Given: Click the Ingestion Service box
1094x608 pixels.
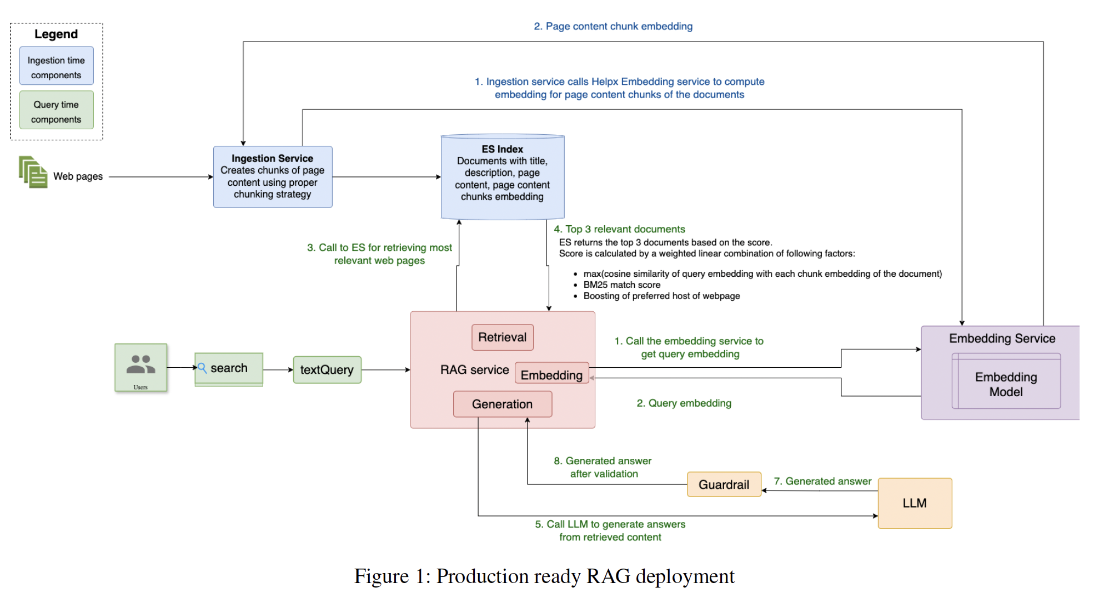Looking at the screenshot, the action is (x=273, y=177).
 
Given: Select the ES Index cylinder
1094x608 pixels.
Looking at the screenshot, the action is (x=503, y=177).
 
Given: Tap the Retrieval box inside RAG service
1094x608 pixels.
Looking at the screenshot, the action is (x=503, y=337).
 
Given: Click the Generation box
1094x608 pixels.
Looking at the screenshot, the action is (x=503, y=404).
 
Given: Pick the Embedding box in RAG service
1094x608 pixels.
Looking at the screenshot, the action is (x=551, y=374).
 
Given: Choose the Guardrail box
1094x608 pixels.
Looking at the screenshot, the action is (x=724, y=484).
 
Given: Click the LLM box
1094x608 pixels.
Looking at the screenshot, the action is (x=915, y=503).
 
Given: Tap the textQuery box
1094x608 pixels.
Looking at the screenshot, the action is (x=327, y=369).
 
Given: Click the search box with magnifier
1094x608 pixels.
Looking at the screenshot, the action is (x=229, y=368).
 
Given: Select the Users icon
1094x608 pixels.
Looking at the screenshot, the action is (x=140, y=367).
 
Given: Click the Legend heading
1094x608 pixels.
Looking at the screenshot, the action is (x=56, y=34).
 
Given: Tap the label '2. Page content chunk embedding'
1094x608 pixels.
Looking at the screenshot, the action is (x=613, y=26).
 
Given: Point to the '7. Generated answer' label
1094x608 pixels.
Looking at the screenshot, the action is (x=822, y=481).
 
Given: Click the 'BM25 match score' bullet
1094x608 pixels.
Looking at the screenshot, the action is (x=621, y=285).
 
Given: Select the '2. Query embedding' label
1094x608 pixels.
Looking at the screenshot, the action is (x=684, y=403).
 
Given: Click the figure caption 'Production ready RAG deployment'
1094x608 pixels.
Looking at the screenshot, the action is (x=585, y=576).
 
